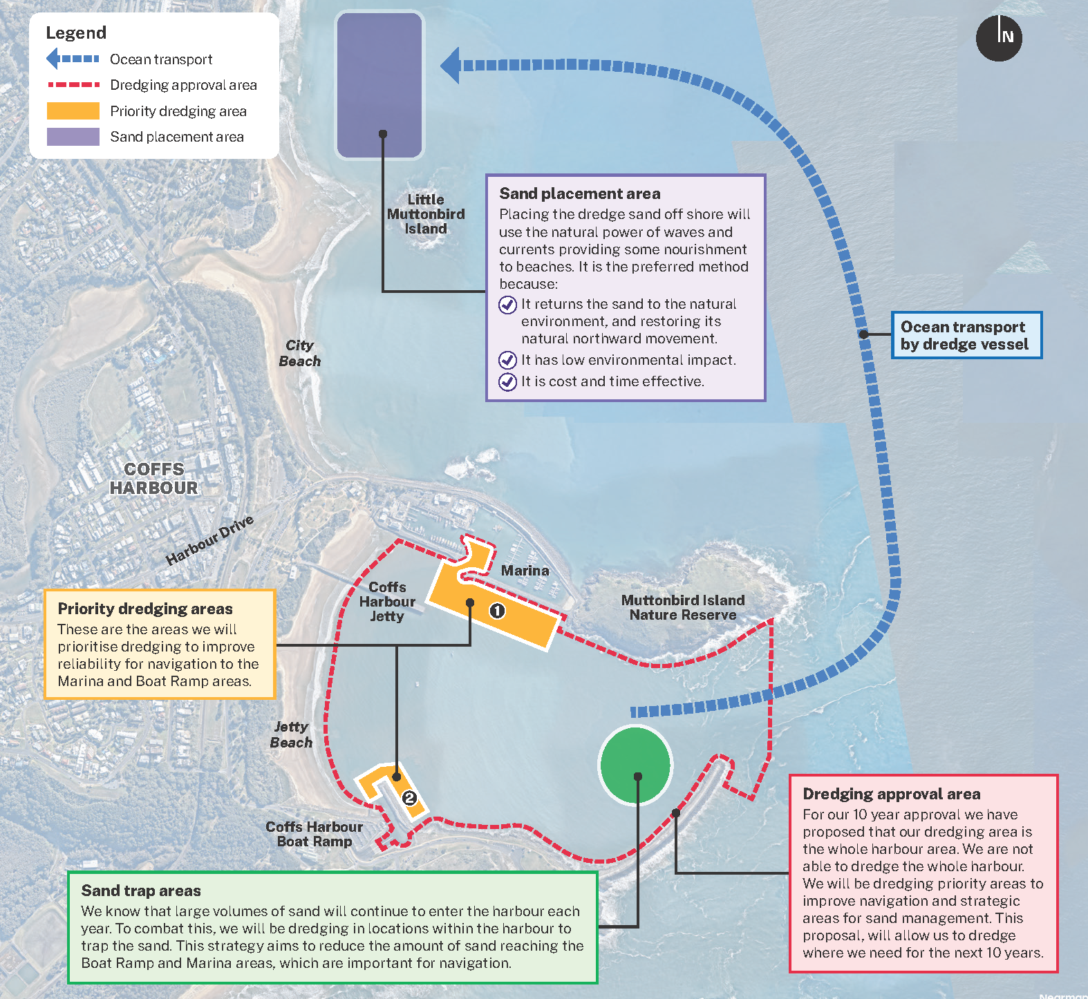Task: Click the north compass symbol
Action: coord(999,38)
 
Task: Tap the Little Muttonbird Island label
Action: coord(426,214)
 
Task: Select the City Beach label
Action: coord(300,353)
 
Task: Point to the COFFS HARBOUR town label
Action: coord(154,479)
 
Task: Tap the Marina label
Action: coord(525,571)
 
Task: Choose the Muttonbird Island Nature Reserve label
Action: coord(683,608)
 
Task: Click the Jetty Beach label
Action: coord(291,734)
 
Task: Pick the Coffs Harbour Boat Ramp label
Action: coord(315,834)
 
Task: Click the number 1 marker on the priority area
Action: coord(497,611)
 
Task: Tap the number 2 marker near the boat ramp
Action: coord(410,798)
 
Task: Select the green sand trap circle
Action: coord(635,765)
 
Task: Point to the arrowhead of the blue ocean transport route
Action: coord(451,66)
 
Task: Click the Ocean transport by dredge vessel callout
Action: coord(966,335)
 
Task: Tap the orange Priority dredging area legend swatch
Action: coord(73,111)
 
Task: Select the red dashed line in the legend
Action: coord(73,85)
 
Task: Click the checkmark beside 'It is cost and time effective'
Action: coord(508,381)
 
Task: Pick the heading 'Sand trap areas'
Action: coord(141,891)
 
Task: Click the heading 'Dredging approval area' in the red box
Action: coord(892,794)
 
